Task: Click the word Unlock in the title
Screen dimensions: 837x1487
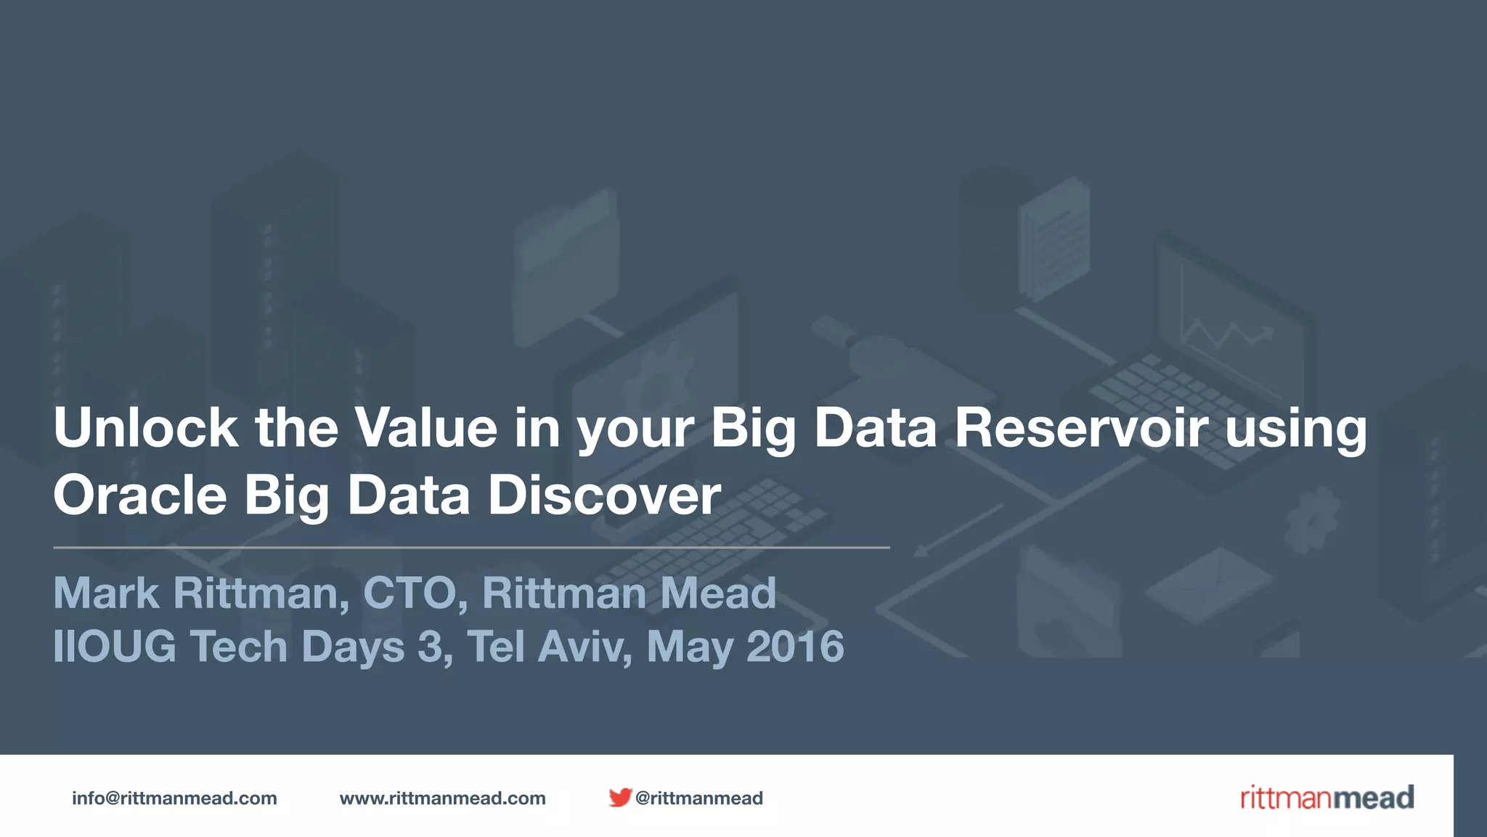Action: click(145, 428)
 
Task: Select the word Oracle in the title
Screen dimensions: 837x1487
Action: click(140, 496)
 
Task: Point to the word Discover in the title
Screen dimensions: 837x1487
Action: click(604, 496)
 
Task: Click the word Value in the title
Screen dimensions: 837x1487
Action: click(425, 428)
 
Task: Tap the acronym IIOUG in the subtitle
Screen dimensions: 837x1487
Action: click(115, 647)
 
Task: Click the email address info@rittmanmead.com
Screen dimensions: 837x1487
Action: click(174, 798)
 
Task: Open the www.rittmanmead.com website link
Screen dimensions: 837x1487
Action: click(442, 798)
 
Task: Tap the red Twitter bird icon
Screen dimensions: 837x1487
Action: click(619, 798)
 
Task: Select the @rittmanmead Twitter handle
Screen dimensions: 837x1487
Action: click(698, 798)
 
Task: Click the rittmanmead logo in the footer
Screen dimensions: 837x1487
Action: click(1327, 798)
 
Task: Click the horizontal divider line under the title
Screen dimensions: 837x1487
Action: click(471, 547)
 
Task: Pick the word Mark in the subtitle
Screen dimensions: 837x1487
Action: click(106, 593)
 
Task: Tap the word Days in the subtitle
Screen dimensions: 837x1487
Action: click(353, 647)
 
